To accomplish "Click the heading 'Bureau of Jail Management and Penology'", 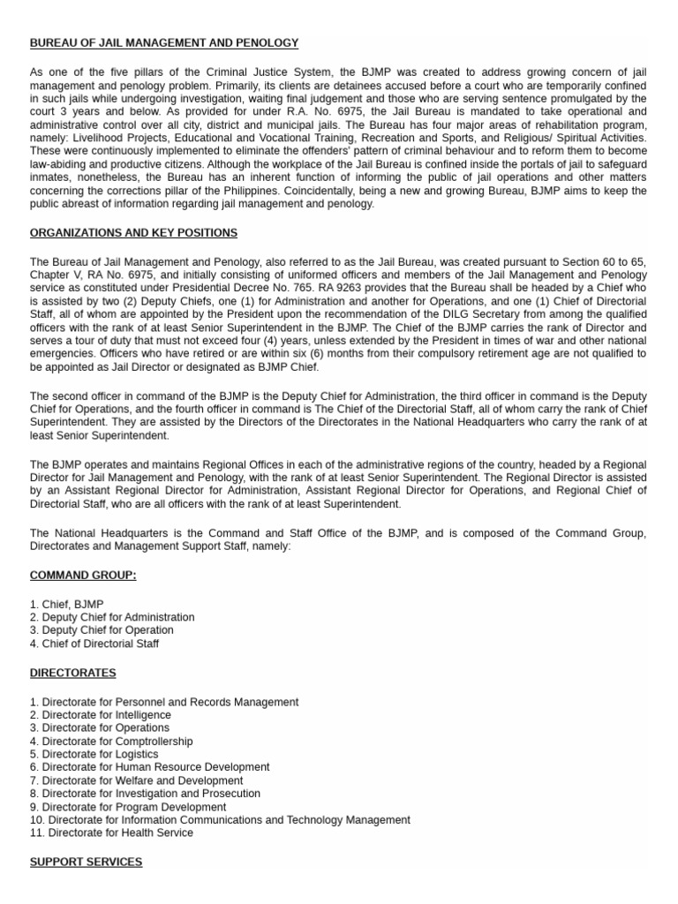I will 164,42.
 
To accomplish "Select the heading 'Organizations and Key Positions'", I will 133,233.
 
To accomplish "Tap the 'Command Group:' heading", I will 83,576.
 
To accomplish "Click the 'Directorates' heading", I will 72,673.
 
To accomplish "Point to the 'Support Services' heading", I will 86,862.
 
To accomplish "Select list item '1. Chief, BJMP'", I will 66,605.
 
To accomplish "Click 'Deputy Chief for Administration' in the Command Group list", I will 112,617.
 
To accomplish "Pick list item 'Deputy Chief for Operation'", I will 102,630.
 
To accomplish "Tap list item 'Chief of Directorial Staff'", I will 94,644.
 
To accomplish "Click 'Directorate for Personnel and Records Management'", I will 164,702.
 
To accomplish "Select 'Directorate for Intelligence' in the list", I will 101,715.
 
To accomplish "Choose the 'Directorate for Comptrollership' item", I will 111,742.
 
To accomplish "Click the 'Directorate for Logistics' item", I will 94,755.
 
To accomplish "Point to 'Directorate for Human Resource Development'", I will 150,768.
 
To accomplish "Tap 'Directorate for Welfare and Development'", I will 137,780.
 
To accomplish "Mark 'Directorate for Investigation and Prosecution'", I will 145,794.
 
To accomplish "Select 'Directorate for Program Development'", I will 128,807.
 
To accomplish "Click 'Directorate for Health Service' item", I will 111,832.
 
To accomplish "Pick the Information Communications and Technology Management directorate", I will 220,820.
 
